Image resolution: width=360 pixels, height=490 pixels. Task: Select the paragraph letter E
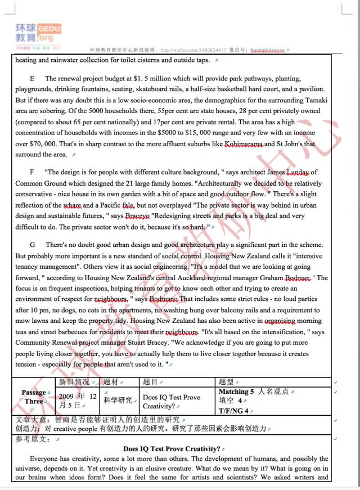tap(32, 78)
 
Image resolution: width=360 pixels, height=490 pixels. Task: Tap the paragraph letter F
tap(32, 172)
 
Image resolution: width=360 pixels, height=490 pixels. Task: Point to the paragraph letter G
tap(33, 245)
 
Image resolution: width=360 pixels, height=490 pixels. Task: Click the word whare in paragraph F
tap(73, 205)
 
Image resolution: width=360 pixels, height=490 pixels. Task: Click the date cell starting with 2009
tap(78, 400)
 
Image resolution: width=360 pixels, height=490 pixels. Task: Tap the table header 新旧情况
tap(74, 382)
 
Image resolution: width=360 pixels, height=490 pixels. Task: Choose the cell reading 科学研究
tap(118, 400)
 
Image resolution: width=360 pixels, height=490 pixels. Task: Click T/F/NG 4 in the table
tap(233, 411)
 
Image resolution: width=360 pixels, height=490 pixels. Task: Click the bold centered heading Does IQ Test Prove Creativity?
tap(172, 449)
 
